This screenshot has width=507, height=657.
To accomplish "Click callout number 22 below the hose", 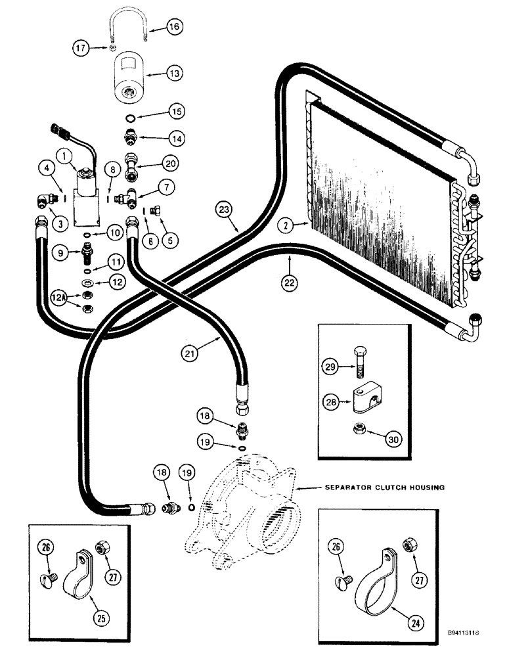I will [290, 283].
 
